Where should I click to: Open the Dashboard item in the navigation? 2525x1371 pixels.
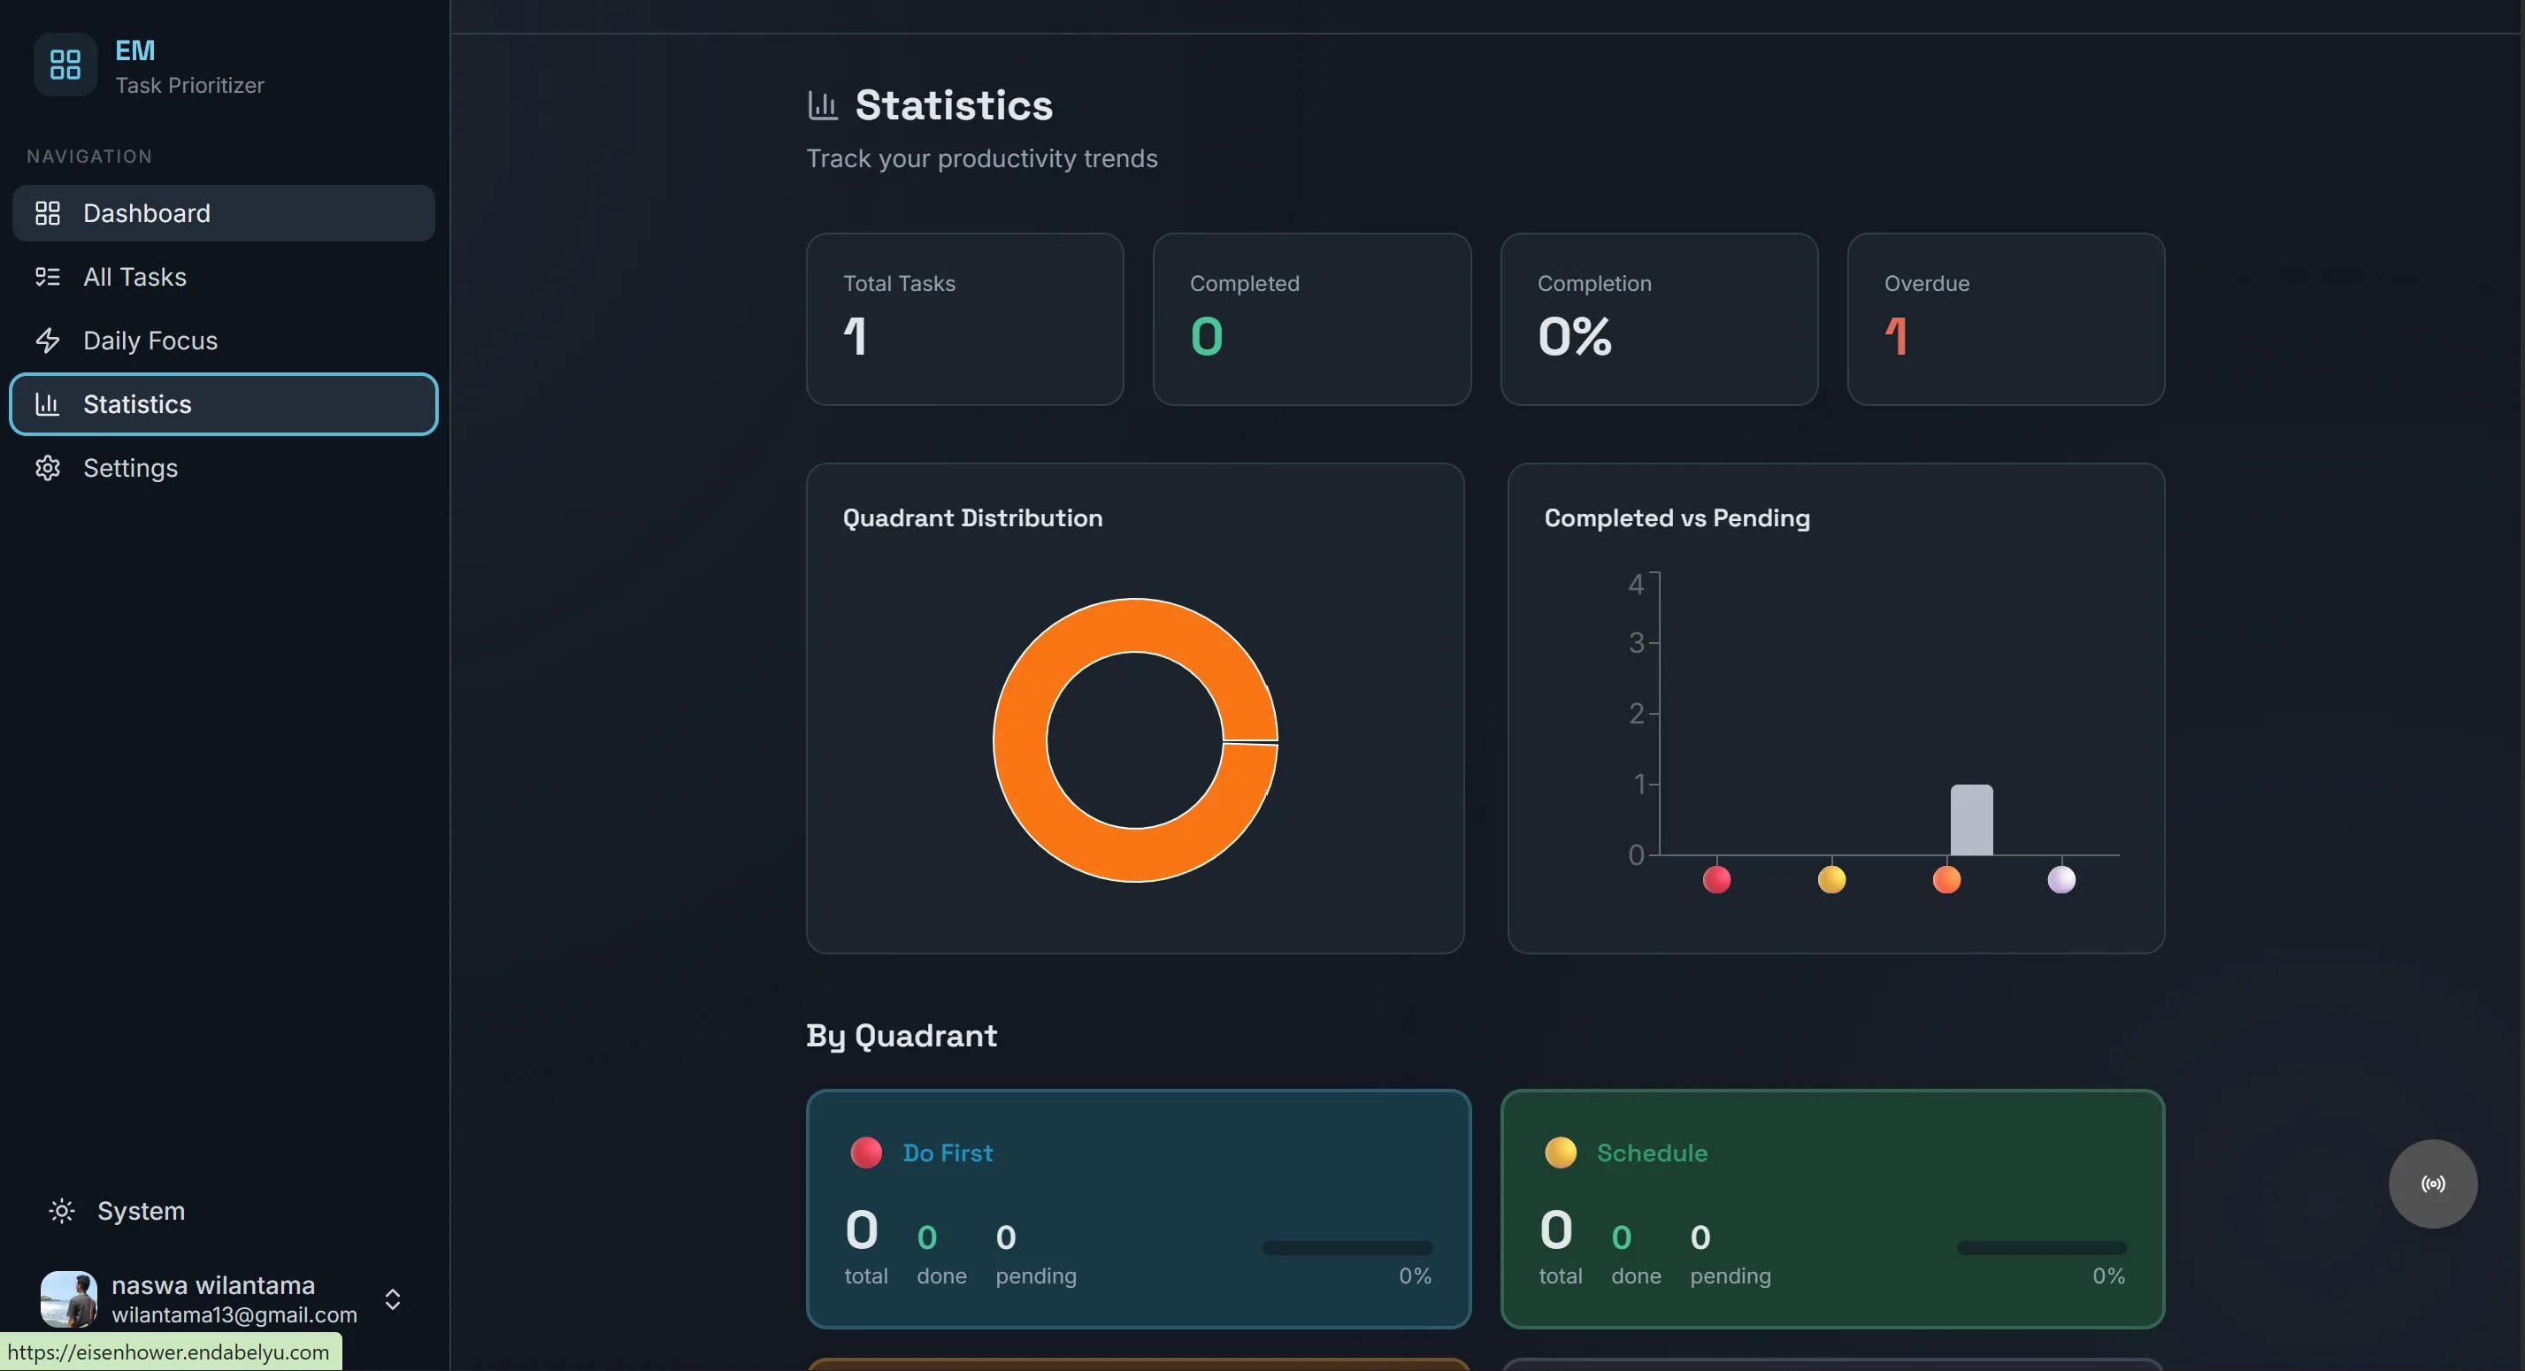(224, 212)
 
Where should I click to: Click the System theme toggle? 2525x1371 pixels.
(118, 1210)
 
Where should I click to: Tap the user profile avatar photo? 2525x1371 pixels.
(69, 1298)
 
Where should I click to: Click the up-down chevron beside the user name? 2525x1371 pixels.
(392, 1298)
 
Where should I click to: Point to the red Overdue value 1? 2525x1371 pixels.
(1896, 336)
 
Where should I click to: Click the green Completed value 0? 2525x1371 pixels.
(1207, 336)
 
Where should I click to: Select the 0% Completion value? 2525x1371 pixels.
(1574, 336)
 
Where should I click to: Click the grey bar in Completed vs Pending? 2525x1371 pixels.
(1971, 819)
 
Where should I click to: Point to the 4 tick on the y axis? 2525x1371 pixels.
(1635, 584)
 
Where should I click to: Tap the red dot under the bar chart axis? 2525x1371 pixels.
(1716, 879)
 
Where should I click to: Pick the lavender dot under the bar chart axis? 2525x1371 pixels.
(2061, 879)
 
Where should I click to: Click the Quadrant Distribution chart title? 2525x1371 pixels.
(972, 517)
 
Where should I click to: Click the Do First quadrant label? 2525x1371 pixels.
(947, 1153)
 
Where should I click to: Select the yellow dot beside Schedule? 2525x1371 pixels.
(1561, 1153)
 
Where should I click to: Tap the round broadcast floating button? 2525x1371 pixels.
(2433, 1183)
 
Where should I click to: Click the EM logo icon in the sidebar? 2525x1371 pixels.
(65, 65)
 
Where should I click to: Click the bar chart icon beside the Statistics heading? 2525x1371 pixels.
(823, 105)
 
